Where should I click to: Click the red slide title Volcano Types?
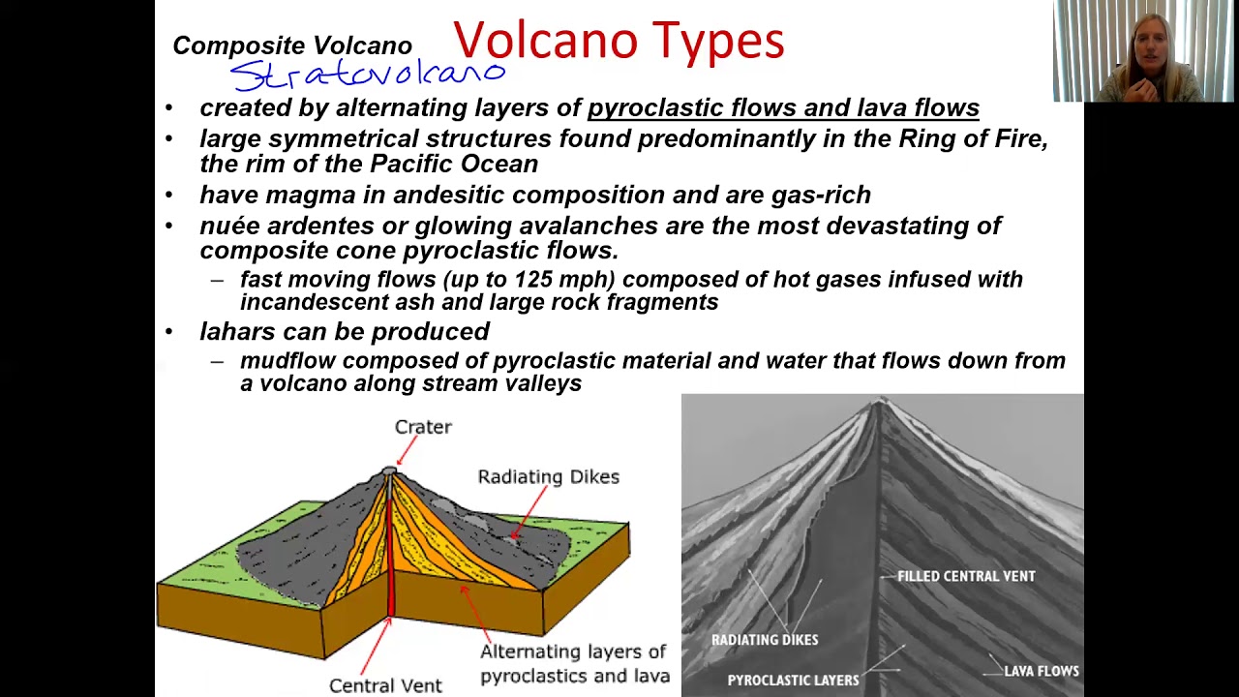(618, 41)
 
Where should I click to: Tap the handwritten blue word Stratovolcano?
(368, 74)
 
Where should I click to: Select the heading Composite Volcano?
(292, 45)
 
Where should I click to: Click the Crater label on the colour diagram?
(423, 427)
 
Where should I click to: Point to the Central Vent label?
(385, 685)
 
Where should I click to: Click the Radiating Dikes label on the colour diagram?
(548, 476)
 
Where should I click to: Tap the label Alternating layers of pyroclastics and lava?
(574, 663)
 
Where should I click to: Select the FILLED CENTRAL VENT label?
(966, 576)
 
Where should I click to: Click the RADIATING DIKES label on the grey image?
(765, 640)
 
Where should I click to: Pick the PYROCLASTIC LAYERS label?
(793, 681)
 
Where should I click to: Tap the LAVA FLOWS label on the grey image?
(1042, 671)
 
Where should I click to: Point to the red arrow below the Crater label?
(407, 451)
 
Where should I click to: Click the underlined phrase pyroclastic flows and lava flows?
(783, 107)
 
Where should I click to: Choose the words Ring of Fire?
(972, 138)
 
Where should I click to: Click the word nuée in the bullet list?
(229, 226)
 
